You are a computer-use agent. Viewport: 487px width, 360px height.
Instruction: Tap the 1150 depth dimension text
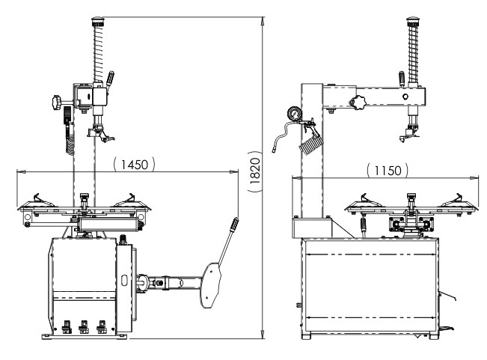pyautogui.click(x=388, y=171)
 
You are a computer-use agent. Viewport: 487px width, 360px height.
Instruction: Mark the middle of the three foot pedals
pyautogui.click(x=84, y=327)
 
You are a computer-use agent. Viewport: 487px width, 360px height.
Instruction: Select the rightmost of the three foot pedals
pyautogui.click(x=101, y=327)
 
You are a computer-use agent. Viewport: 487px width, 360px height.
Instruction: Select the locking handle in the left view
pyautogui.click(x=111, y=79)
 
